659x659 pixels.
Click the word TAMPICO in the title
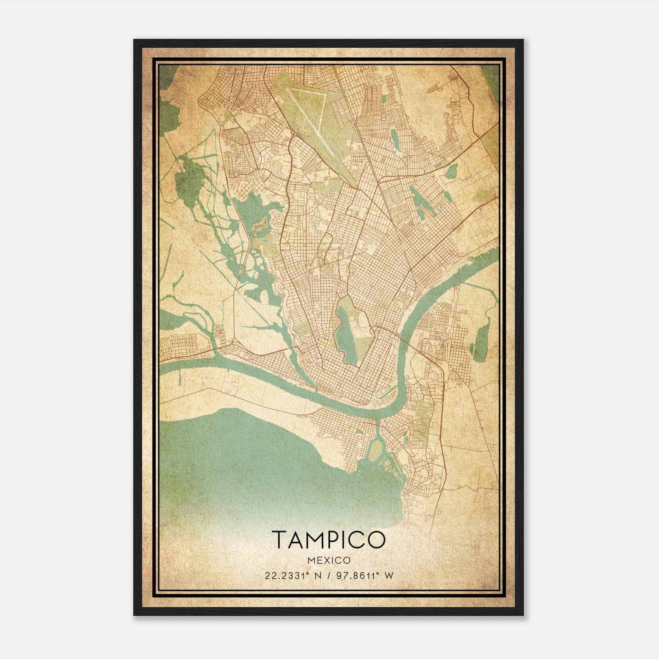point(328,539)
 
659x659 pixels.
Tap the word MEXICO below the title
point(328,561)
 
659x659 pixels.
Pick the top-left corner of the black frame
point(134,40)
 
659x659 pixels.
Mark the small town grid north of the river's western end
point(181,344)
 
